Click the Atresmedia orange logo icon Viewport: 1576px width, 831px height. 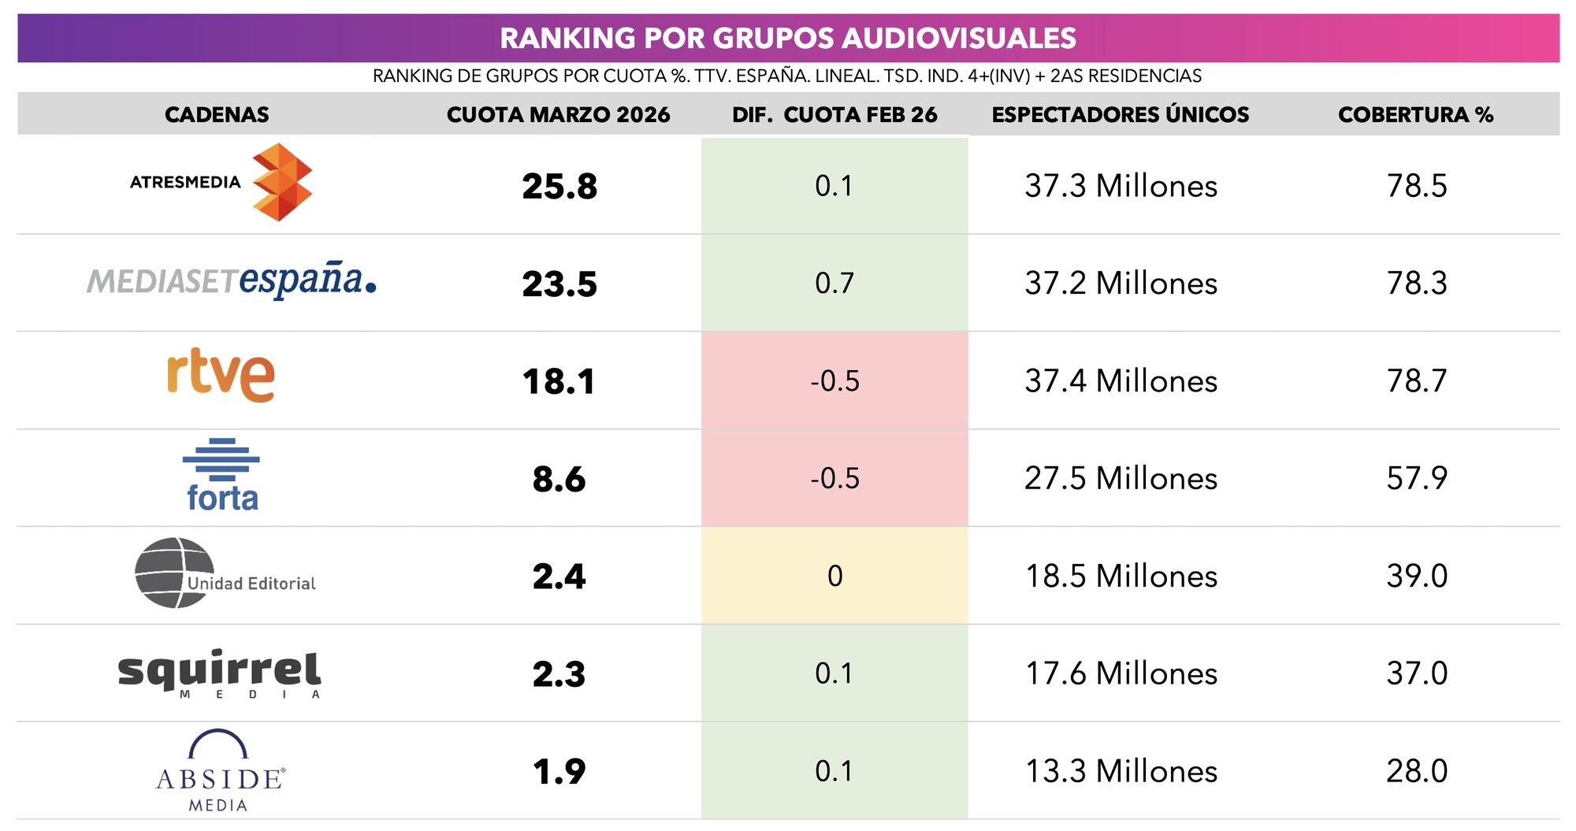(x=281, y=183)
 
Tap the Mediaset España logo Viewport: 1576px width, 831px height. (x=231, y=280)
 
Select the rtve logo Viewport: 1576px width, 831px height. (x=221, y=375)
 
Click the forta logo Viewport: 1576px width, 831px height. (x=221, y=476)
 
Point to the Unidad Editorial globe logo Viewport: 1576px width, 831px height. (x=175, y=573)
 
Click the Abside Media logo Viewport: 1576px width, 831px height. (x=220, y=771)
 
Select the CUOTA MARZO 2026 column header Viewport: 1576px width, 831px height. (x=558, y=115)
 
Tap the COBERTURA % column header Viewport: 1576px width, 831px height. (x=1415, y=115)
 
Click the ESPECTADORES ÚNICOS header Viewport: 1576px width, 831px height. (x=1120, y=115)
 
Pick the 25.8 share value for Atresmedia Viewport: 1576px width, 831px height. (x=559, y=187)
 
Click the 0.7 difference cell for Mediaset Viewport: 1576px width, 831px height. (x=834, y=284)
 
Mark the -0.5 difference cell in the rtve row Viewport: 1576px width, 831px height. (x=834, y=381)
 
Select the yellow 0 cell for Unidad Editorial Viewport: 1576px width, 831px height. (x=834, y=576)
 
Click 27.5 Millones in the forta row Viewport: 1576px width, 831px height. (x=1121, y=479)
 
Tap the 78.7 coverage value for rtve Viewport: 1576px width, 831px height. (x=1416, y=381)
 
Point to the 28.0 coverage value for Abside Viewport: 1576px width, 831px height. (x=1416, y=771)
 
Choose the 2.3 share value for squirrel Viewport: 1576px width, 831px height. (x=559, y=674)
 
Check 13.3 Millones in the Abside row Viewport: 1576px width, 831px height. (x=1121, y=771)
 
